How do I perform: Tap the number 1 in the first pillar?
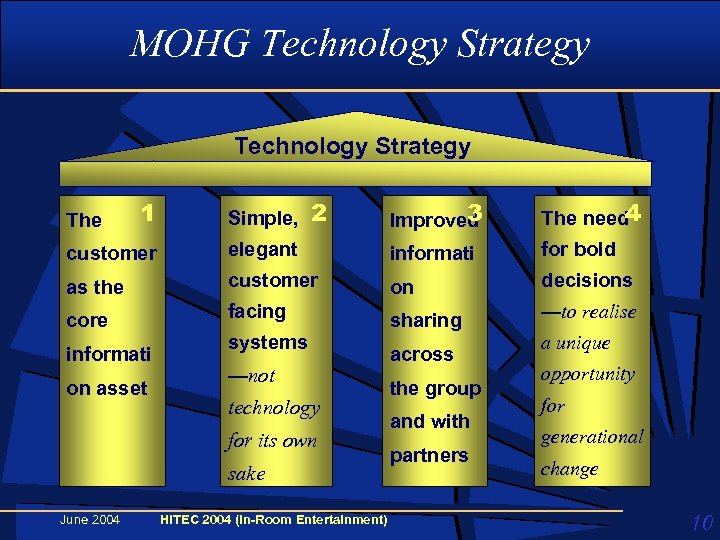pos(147,213)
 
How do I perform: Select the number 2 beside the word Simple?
pos(319,212)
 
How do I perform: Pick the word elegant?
pos(263,249)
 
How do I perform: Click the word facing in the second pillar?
pos(257,311)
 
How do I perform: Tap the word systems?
pos(268,342)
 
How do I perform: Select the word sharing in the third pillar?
pos(426,320)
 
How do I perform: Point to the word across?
pos(422,354)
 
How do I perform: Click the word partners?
pos(429,455)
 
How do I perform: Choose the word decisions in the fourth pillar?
pos(587,280)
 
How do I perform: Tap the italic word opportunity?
pos(588,374)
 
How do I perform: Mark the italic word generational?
pos(592,437)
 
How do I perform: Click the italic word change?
pos(570,468)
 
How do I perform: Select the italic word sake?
pos(247,474)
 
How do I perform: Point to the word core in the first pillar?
pos(87,321)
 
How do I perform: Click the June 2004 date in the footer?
pos(90,519)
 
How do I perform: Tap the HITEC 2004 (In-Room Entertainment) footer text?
pos(274,519)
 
